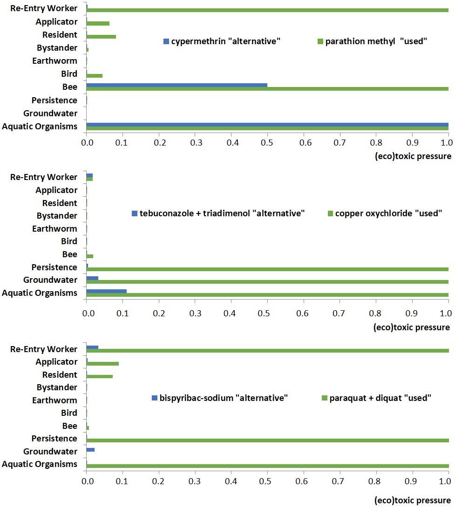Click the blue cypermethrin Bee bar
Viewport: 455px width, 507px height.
point(177,85)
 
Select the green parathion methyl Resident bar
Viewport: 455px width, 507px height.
point(101,36)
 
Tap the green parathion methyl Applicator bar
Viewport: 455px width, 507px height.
point(98,23)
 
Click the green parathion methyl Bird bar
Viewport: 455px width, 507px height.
point(95,75)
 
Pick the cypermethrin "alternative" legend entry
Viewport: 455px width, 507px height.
point(222,41)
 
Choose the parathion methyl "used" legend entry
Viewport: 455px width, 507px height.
point(372,41)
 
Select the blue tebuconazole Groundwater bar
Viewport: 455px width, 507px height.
point(92,278)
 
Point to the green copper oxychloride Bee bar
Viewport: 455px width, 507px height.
point(90,256)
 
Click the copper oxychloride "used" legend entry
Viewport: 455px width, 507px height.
point(384,213)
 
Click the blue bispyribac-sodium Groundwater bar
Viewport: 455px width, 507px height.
point(90,449)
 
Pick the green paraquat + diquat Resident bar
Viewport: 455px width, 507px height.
point(100,376)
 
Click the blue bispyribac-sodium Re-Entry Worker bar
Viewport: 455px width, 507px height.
point(92,347)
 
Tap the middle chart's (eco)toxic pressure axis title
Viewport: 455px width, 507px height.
point(412,327)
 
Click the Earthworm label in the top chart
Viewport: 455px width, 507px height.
point(54,61)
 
